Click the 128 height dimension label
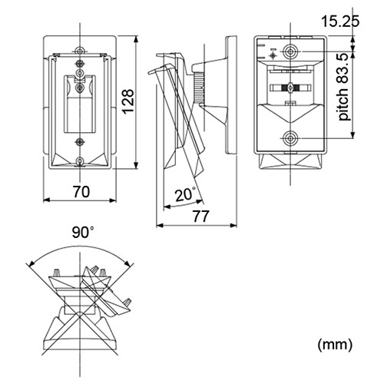(127, 101)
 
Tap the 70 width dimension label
(81, 192)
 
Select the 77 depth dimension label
(201, 217)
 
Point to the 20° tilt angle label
(186, 194)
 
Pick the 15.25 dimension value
(340, 21)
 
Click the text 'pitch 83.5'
(343, 87)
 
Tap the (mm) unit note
(335, 345)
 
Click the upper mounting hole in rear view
(290, 51)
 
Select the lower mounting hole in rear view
(290, 138)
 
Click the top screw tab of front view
(81, 51)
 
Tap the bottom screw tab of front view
(81, 161)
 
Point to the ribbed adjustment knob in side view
(199, 87)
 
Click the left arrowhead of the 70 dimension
(46, 200)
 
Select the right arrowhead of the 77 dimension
(233, 226)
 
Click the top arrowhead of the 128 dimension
(136, 39)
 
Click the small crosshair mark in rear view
(273, 55)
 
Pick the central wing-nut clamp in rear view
(290, 88)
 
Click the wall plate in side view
(231, 95)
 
